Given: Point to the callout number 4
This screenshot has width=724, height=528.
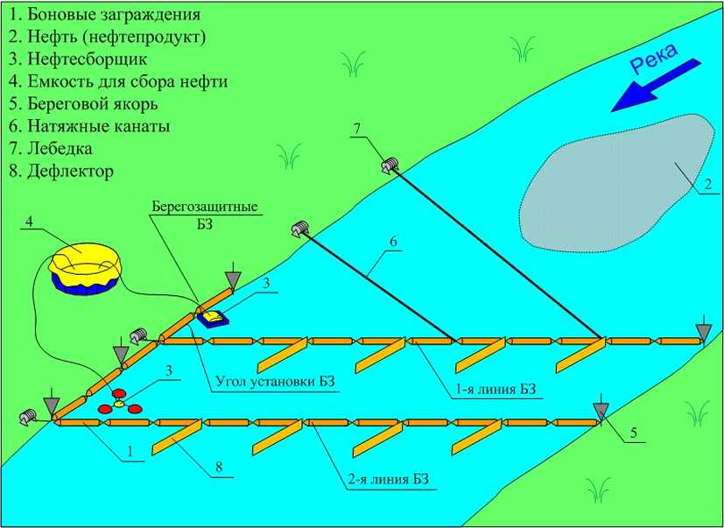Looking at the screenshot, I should coord(30,222).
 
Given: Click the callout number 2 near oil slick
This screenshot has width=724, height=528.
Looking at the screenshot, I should coord(700,183).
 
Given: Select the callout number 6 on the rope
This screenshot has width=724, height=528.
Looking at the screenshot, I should coord(393,239).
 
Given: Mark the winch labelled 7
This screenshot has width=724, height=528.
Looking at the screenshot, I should coord(390,164).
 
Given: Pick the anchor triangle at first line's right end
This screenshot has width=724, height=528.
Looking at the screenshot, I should coord(702,330).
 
